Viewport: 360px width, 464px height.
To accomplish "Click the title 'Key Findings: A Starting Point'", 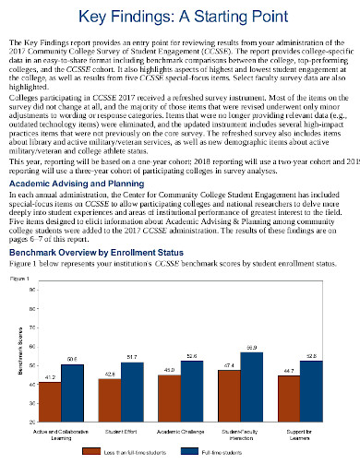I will (179, 18).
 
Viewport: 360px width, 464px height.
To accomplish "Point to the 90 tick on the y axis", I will (32, 315).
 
